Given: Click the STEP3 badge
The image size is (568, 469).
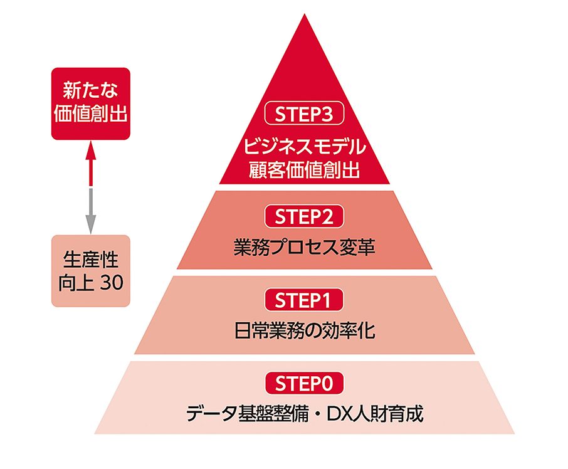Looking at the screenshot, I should pyautogui.click(x=305, y=115).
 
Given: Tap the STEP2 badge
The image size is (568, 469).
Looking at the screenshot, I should pyautogui.click(x=305, y=217).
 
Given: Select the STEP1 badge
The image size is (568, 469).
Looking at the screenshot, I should pyautogui.click(x=305, y=301).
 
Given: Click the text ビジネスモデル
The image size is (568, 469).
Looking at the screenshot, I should pyautogui.click(x=305, y=149).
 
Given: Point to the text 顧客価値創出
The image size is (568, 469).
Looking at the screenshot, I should pyautogui.click(x=305, y=169).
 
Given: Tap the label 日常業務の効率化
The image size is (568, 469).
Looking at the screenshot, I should pyautogui.click(x=305, y=330).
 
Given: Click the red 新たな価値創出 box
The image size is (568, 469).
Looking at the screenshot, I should pyautogui.click(x=90, y=103).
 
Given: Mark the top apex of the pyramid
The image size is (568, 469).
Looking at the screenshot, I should pyautogui.click(x=305, y=15).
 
